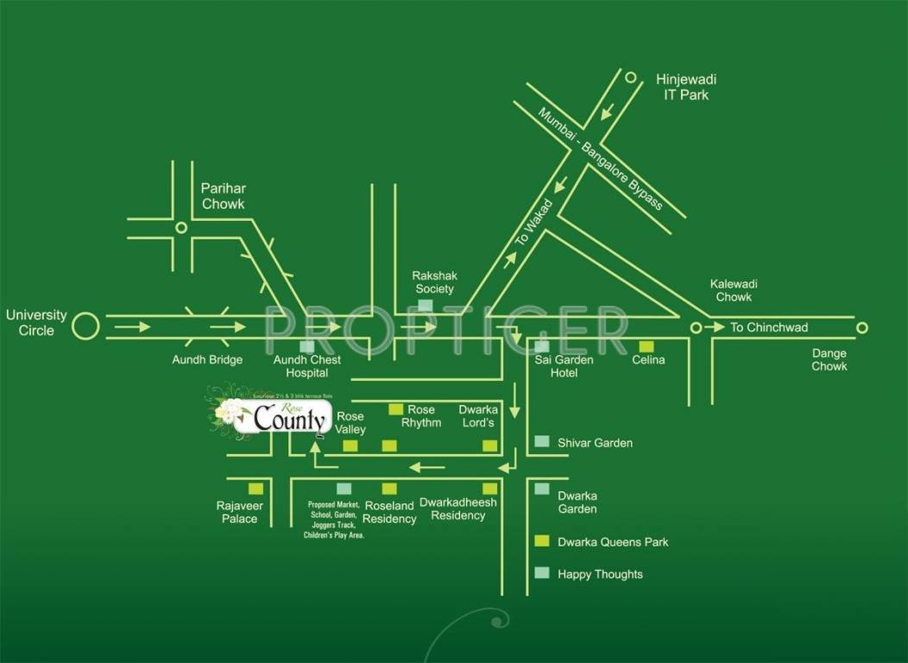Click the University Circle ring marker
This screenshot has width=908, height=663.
click(x=85, y=327)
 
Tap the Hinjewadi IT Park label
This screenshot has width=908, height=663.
click(x=686, y=87)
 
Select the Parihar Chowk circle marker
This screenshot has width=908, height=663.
click(x=180, y=228)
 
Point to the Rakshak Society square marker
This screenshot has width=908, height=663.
click(x=425, y=305)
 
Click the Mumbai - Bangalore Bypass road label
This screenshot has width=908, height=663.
click(x=601, y=159)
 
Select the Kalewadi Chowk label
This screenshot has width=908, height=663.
click(x=731, y=290)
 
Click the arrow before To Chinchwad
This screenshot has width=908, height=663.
click(x=715, y=327)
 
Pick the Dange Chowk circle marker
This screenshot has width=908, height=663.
click(x=861, y=327)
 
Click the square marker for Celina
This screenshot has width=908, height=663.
click(x=646, y=345)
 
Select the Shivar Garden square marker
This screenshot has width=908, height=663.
click(x=541, y=441)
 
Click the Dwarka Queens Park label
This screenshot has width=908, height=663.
click(x=613, y=542)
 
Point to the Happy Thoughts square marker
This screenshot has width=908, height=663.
click(x=541, y=572)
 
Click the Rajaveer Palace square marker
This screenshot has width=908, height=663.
click(x=255, y=489)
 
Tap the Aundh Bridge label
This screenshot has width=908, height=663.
click(x=207, y=359)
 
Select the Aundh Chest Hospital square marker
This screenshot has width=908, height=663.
click(x=306, y=346)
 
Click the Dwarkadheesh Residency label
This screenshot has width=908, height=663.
click(x=457, y=508)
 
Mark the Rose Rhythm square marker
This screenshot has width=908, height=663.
click(x=396, y=409)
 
